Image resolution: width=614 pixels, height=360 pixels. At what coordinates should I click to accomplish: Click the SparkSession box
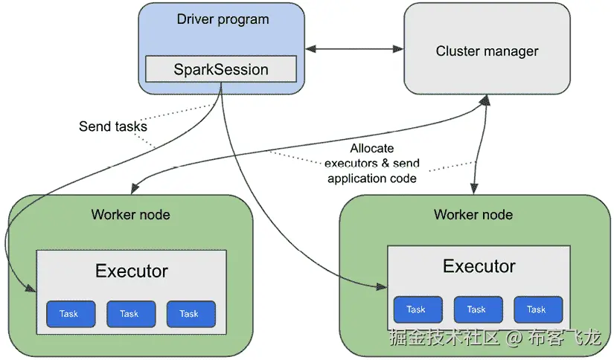(x=220, y=69)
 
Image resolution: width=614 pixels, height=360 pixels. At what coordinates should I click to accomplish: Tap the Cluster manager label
(x=487, y=51)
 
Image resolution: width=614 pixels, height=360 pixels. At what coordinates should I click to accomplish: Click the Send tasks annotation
(x=112, y=126)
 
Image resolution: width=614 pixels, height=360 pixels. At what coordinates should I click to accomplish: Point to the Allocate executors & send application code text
(x=373, y=163)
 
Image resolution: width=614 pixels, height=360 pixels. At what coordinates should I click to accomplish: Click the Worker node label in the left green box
(x=130, y=215)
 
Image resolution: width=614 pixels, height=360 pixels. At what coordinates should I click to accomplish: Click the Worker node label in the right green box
(x=473, y=215)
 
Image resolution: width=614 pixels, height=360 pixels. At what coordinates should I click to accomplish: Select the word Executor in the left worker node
(x=131, y=271)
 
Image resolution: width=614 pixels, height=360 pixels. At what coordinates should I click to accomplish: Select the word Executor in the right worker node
(x=479, y=266)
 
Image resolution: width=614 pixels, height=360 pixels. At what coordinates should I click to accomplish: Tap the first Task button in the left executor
(x=69, y=314)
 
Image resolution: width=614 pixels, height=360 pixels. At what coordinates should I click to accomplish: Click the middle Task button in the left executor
(x=129, y=314)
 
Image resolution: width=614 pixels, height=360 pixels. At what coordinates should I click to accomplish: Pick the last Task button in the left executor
(x=190, y=314)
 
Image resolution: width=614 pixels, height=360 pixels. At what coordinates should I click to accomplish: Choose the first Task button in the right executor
(x=417, y=309)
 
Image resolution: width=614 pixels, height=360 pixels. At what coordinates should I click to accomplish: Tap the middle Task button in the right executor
(x=477, y=309)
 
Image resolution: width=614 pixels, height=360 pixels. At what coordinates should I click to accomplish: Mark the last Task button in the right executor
(x=537, y=309)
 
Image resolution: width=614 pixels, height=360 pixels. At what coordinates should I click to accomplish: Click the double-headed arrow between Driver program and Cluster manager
(x=354, y=49)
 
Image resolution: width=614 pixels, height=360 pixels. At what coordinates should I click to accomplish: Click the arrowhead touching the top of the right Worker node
(x=473, y=191)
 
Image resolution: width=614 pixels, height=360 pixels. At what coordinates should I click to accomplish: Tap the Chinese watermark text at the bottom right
(x=495, y=338)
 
